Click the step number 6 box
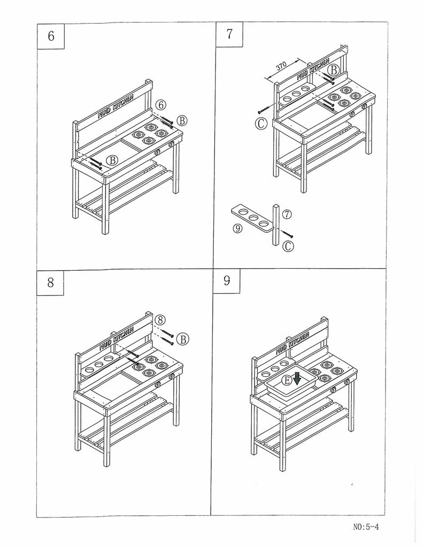51,36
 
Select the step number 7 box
229,34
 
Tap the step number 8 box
51,282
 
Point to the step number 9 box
227,280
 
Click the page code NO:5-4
366,527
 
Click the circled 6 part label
162,105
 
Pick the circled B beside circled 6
182,120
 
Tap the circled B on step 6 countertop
112,160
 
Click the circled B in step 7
333,70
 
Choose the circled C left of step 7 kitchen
260,124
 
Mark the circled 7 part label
287,215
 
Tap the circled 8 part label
160,320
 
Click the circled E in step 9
287,380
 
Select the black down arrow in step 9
297,377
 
